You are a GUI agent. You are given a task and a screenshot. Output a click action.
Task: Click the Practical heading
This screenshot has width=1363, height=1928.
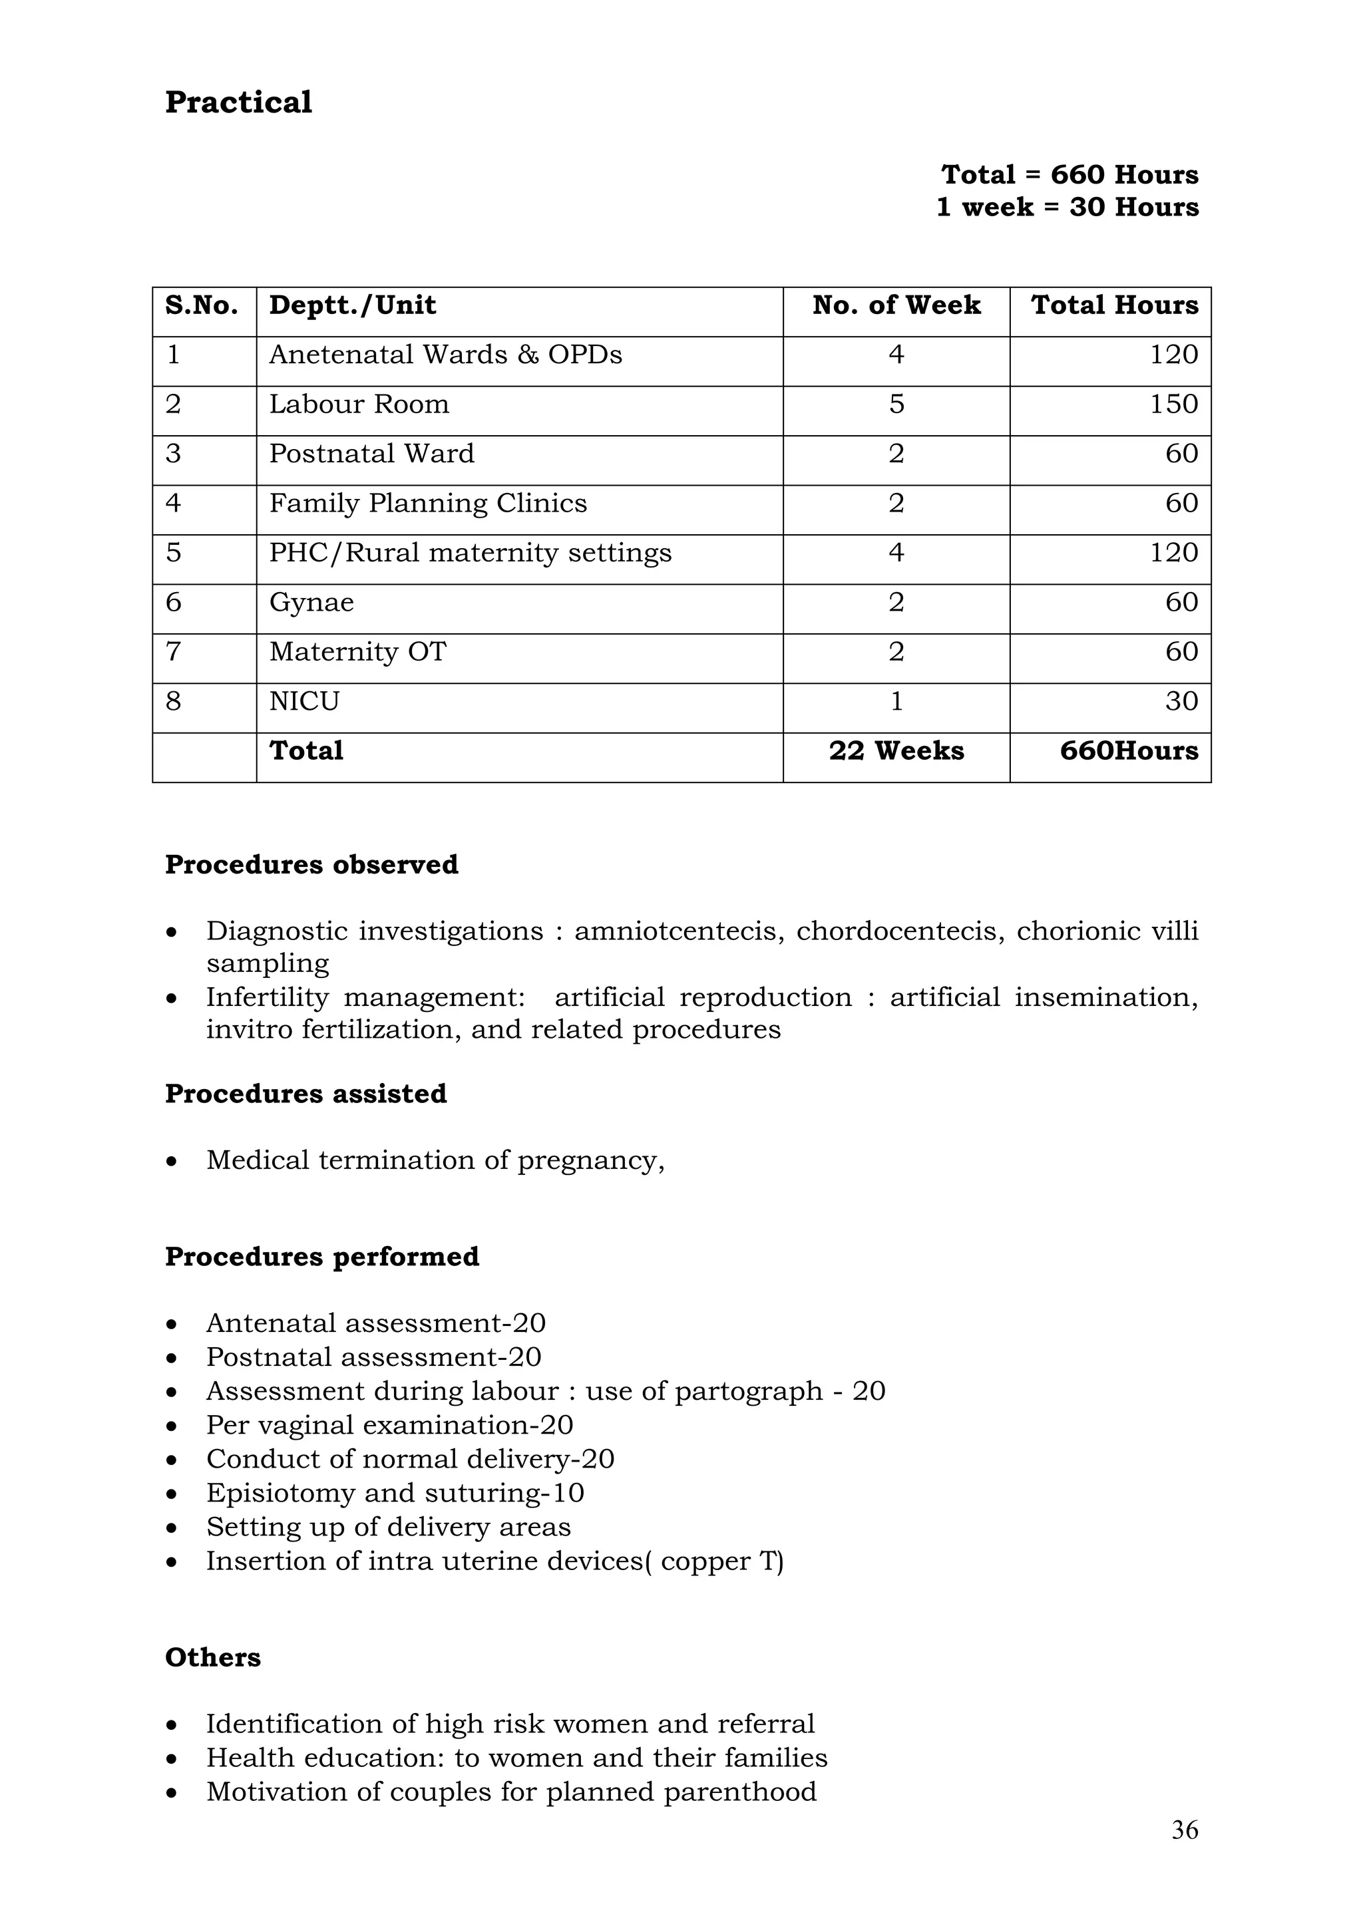pos(238,102)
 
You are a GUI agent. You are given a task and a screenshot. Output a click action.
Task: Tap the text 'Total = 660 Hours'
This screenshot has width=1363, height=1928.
pos(1069,175)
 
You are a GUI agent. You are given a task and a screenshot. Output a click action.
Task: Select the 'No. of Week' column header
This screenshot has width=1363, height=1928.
pos(896,305)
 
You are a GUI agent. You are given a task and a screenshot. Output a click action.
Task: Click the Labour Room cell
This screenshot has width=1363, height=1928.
pos(359,404)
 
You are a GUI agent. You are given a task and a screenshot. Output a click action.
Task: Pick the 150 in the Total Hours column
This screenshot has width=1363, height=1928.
pos(1173,404)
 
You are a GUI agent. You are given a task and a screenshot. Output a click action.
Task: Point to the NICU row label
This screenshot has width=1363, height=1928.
pos(304,701)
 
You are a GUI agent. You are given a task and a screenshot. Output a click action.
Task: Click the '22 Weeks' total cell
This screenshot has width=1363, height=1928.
pos(896,750)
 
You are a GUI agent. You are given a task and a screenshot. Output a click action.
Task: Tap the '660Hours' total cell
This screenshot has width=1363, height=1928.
pos(1128,750)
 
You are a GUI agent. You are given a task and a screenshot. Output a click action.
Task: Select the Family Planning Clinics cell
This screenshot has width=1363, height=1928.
pos(427,503)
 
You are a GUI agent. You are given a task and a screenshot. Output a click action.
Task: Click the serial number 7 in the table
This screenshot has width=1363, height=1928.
pos(173,651)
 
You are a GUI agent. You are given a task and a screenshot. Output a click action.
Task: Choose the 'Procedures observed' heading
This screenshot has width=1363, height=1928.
pos(311,865)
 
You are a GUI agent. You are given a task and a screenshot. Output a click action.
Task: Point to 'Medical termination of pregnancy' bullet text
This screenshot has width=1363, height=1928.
pos(435,1160)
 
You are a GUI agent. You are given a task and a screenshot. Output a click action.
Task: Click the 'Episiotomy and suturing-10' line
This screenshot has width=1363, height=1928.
pos(395,1492)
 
